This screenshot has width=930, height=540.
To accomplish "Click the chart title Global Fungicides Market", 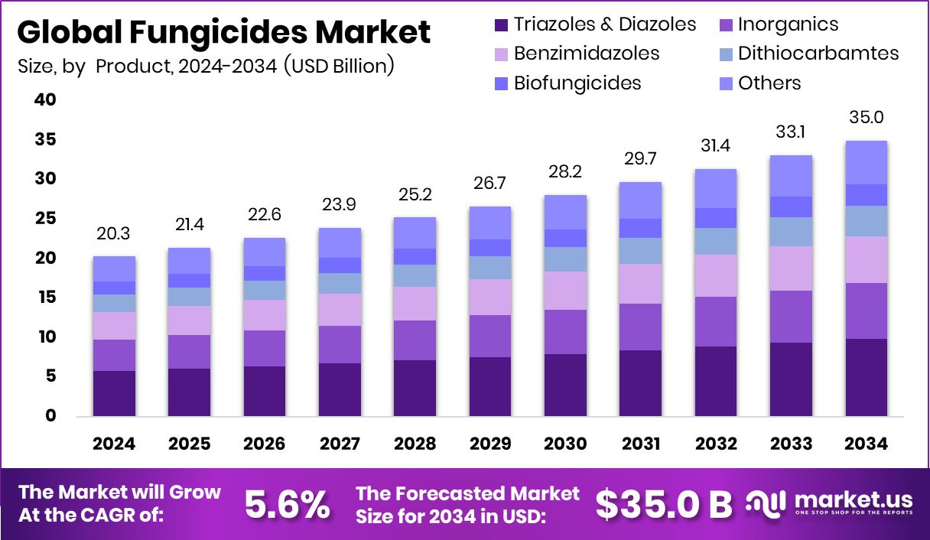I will tap(223, 33).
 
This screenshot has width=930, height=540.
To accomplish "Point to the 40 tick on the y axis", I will tap(45, 99).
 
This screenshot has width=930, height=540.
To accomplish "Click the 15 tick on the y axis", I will tap(45, 298).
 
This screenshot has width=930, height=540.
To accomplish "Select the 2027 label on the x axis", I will tap(340, 444).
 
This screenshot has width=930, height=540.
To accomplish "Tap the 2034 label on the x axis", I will tap(866, 444).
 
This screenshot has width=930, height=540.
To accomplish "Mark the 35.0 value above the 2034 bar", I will tap(866, 117).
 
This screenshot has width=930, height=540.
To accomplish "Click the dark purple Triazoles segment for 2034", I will tap(866, 377).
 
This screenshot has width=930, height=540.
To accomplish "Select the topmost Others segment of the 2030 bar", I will tap(565, 212).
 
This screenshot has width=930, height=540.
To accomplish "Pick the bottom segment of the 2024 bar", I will tap(114, 393).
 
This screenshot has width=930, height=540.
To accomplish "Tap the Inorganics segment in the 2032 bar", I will tap(715, 321).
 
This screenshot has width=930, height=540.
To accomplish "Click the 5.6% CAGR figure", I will tap(287, 503).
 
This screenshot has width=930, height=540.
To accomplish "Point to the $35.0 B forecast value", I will tap(664, 503).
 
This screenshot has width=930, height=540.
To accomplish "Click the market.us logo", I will tap(829, 503).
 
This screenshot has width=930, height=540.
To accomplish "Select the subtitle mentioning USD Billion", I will tap(206, 67).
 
